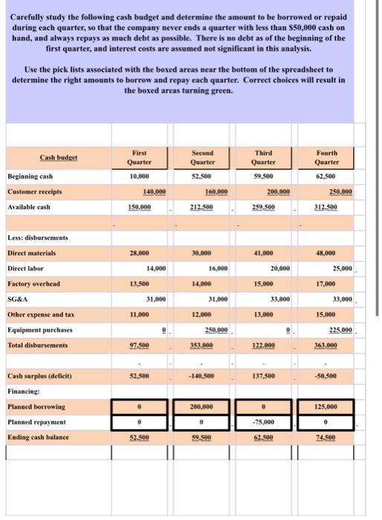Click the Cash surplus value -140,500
[202, 377]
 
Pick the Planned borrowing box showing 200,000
[202, 408]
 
